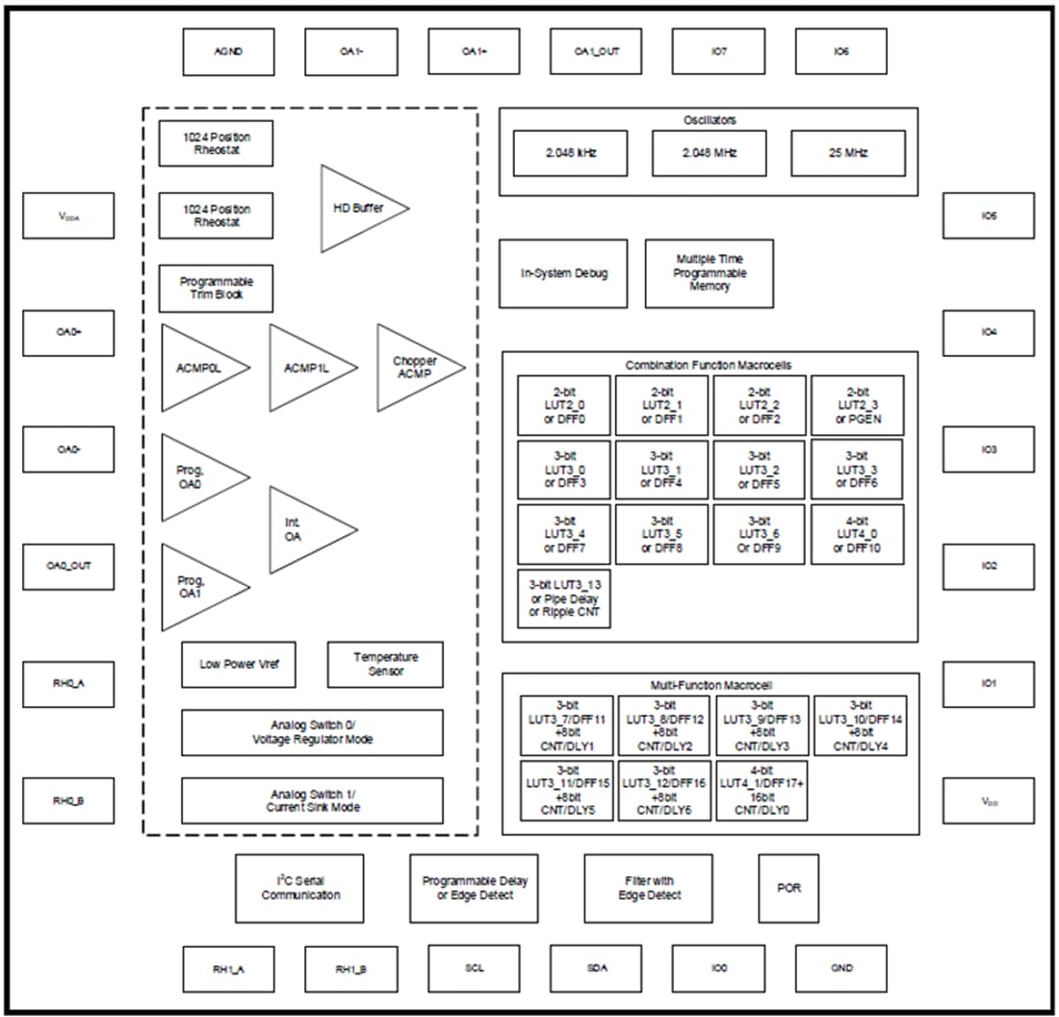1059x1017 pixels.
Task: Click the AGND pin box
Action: coord(228,52)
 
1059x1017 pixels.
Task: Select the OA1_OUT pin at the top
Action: coord(596,52)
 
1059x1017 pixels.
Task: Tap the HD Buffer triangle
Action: coord(356,208)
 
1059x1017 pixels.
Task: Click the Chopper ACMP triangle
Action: coord(414,367)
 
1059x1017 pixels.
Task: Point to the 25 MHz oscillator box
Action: coord(847,153)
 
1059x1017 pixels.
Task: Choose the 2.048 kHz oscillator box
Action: coord(570,153)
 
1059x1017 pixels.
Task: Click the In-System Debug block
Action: coord(564,273)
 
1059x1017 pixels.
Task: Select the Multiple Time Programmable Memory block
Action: coord(709,273)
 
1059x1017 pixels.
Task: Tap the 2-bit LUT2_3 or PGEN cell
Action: coord(857,405)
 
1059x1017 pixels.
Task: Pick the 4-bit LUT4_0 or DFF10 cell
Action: coord(857,535)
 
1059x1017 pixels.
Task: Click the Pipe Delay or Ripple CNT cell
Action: coord(564,598)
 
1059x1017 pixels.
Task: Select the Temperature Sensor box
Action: coord(385,664)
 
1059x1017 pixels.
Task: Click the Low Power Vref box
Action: coord(239,664)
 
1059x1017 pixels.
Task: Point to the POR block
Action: coord(788,888)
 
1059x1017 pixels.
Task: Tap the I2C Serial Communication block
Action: coord(299,888)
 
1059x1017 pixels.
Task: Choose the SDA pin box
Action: coord(596,969)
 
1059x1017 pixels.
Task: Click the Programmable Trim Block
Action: coord(216,288)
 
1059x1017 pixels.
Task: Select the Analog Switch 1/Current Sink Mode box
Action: coord(312,800)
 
